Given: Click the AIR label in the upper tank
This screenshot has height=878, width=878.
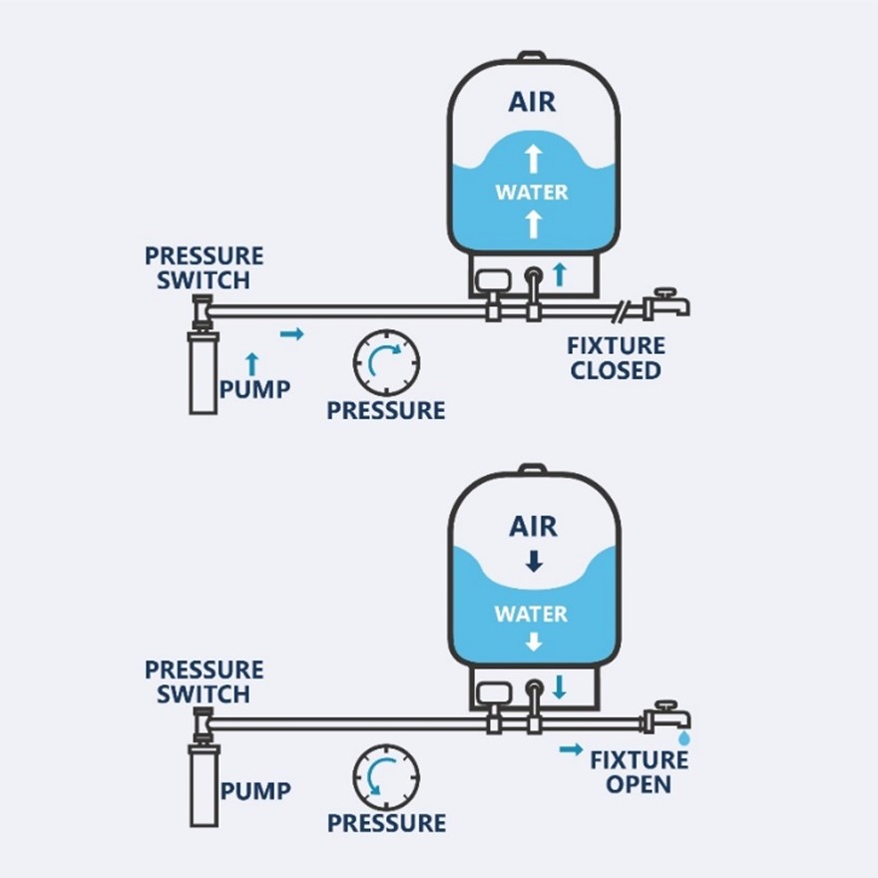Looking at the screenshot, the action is point(532,102).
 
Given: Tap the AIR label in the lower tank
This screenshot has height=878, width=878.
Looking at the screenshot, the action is point(533,527).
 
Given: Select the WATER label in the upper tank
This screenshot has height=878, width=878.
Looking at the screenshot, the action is point(532,192).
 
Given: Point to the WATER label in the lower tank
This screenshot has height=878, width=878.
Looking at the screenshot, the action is point(531,614).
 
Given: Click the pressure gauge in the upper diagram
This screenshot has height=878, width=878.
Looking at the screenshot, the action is point(386,362).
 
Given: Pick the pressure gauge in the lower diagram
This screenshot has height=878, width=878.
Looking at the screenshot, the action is point(386,776).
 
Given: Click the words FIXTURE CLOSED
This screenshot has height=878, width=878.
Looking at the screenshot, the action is point(616,358).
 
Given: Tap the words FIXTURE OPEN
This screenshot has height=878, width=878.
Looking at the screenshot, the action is point(639,772).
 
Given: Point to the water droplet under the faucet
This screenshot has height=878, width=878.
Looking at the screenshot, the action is point(683,738).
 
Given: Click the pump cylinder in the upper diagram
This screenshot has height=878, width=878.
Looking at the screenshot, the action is point(204,372).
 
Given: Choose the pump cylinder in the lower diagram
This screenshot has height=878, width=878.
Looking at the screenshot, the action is point(204,785).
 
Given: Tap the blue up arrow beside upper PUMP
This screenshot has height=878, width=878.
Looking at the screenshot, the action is point(252,364).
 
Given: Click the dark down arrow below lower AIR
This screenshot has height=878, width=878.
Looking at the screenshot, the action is point(534,562).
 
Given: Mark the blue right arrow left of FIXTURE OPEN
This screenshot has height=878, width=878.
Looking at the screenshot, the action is point(571,749).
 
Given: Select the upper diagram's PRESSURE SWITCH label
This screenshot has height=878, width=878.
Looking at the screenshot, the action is point(204,267).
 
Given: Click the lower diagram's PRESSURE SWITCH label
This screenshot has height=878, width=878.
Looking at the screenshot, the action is point(204,681).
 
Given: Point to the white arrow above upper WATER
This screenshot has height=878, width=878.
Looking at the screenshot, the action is point(534,159).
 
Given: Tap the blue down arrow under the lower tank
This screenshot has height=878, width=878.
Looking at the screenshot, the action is point(559,687).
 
